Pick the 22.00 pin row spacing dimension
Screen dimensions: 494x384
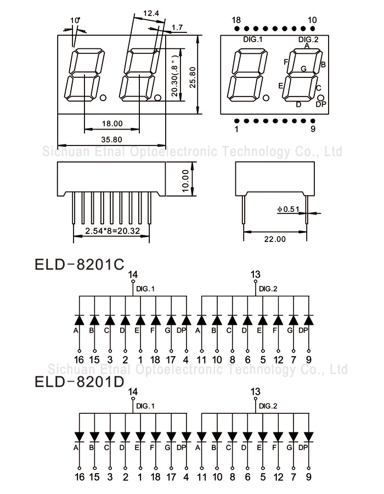[274, 239]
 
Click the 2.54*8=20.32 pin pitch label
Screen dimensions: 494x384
[111, 231]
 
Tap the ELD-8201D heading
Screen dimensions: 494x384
[80, 381]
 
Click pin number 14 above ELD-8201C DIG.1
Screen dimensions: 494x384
[133, 274]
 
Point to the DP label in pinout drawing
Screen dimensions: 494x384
[321, 104]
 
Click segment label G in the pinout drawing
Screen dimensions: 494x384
[303, 69]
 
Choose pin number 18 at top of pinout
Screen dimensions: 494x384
[236, 20]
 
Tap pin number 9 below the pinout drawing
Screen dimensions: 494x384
[313, 130]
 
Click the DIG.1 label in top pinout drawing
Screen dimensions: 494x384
[253, 40]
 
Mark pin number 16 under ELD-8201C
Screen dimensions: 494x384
[80, 360]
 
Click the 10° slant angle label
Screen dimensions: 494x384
[75, 20]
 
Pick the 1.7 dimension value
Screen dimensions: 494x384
[177, 27]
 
